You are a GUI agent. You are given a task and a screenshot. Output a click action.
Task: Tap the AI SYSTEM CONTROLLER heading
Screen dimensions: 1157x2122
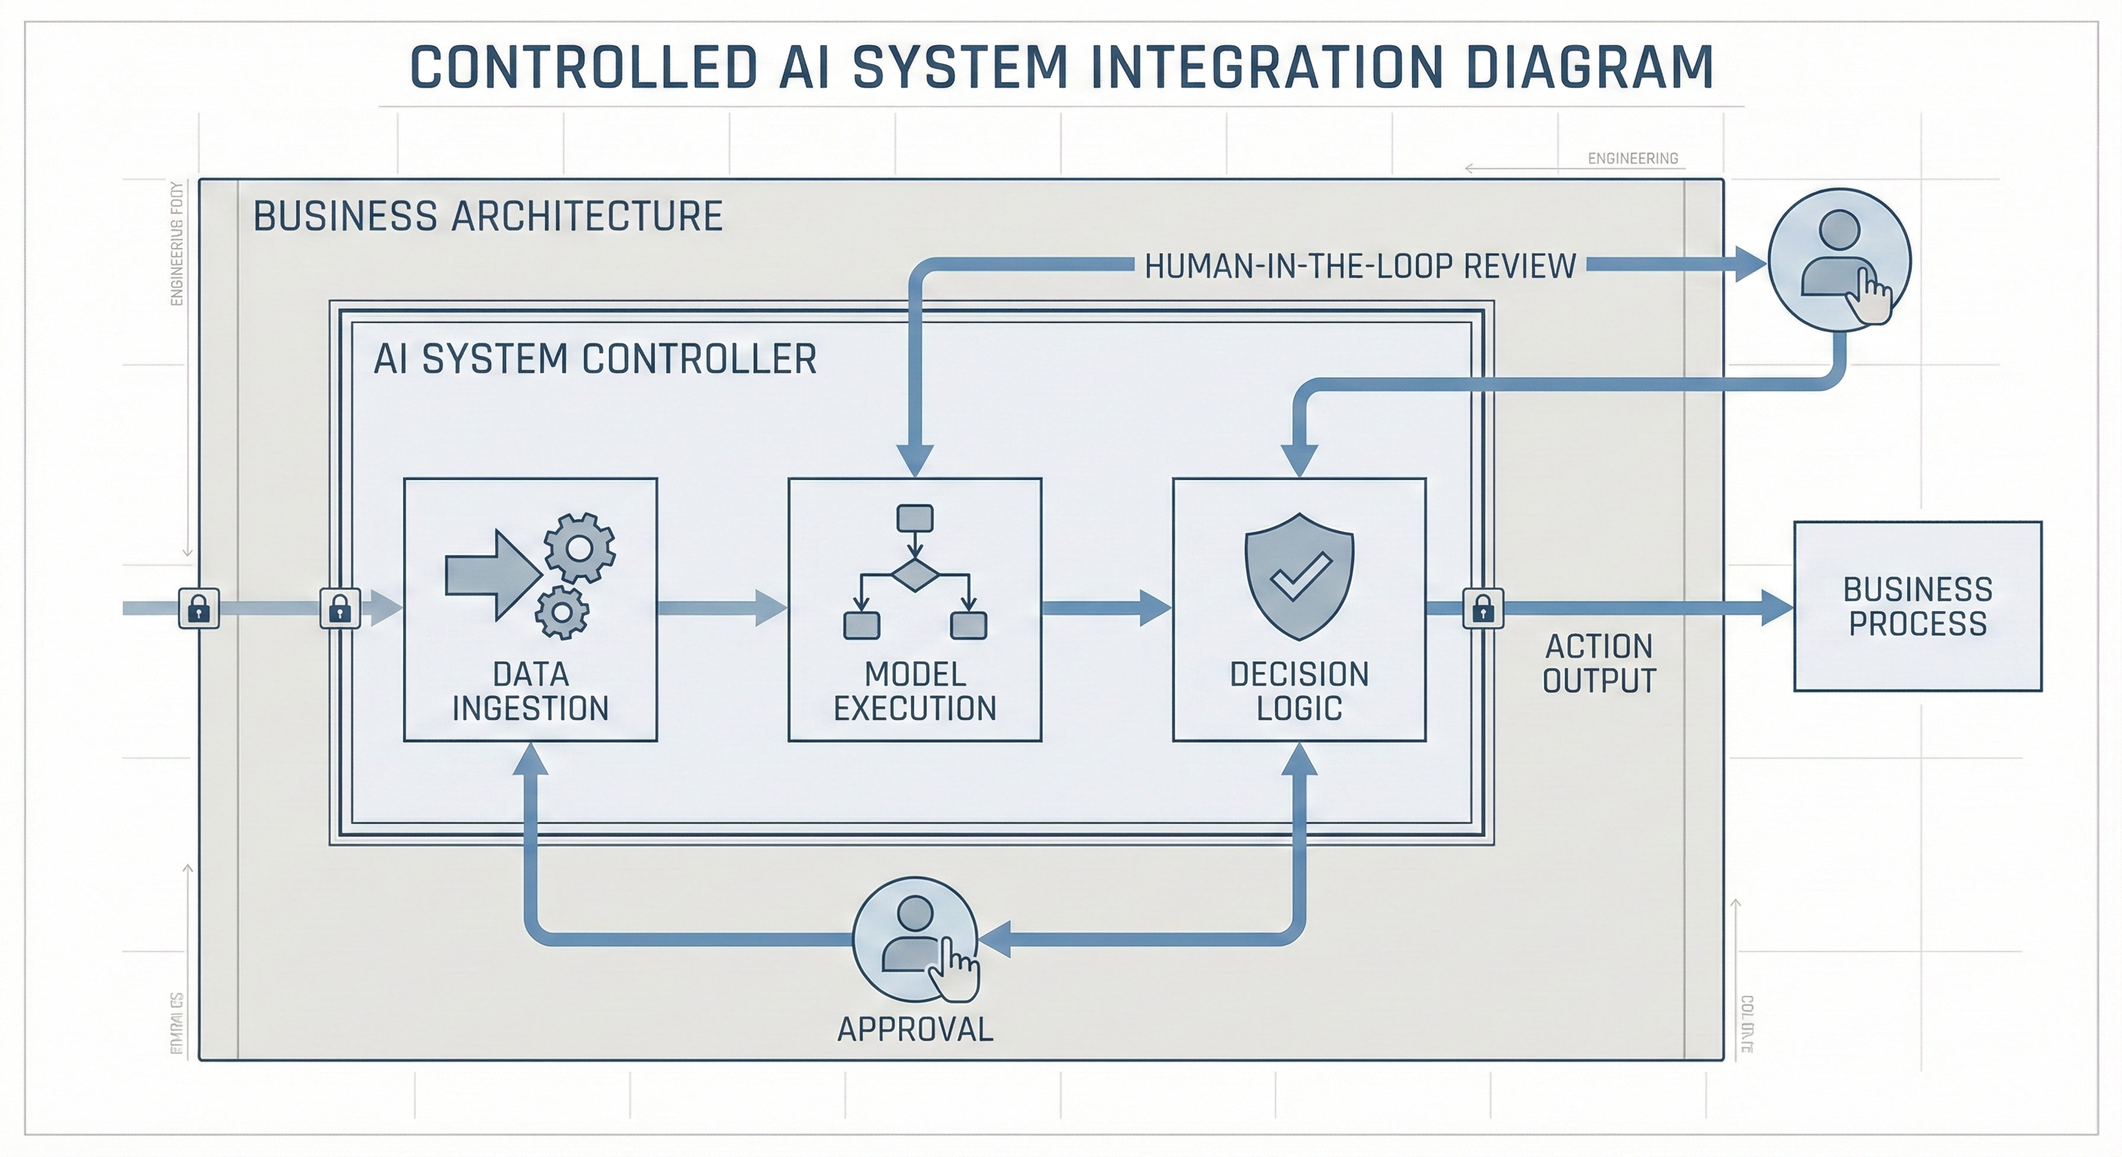595,360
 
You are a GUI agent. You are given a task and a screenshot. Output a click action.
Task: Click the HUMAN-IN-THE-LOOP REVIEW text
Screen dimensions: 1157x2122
1360,266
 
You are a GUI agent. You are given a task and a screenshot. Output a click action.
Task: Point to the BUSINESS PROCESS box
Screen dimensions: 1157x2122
1917,606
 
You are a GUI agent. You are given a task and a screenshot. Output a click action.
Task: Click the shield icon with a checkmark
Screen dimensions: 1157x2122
1299,575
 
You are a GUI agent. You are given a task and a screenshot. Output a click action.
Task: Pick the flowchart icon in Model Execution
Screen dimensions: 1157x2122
914,572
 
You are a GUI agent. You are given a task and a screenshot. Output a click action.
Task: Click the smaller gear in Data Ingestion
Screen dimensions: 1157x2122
562,612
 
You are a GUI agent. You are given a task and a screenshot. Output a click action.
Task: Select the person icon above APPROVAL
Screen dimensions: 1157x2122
916,938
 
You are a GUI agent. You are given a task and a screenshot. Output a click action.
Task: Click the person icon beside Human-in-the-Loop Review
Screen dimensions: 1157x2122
1839,260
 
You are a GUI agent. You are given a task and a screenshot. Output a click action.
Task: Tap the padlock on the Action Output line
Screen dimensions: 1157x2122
1483,609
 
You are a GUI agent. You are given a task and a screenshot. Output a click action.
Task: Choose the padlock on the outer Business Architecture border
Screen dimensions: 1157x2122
200,609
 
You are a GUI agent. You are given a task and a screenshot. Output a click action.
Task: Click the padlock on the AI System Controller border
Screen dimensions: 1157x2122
340,609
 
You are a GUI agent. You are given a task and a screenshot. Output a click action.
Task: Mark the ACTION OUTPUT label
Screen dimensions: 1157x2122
1599,664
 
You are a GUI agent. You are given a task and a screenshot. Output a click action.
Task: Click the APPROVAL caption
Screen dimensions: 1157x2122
916,1030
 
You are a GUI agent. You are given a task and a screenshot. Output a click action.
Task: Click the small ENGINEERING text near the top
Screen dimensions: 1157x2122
1633,158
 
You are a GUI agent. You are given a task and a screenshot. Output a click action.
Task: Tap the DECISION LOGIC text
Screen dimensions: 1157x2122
1299,691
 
